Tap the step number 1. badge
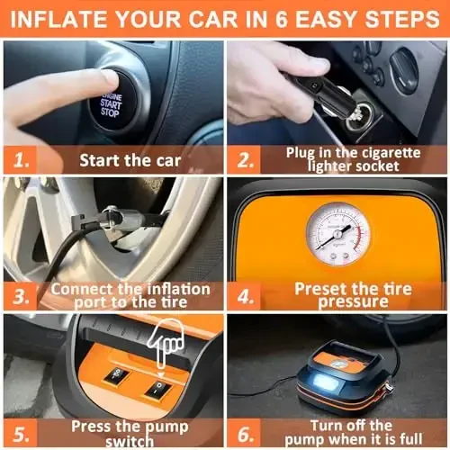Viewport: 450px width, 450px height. click(x=21, y=160)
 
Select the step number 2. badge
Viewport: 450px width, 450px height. click(x=244, y=160)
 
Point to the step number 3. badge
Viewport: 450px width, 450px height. click(x=21, y=296)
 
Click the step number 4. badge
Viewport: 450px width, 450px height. click(x=244, y=296)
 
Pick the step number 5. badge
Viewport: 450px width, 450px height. click(x=21, y=433)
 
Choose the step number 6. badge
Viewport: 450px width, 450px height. click(x=244, y=433)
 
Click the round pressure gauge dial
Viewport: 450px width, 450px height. click(x=338, y=234)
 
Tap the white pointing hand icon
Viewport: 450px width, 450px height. click(x=166, y=345)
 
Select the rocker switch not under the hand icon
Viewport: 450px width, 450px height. click(x=117, y=375)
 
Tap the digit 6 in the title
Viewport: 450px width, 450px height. click(x=282, y=20)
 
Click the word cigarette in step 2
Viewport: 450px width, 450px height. click(x=391, y=153)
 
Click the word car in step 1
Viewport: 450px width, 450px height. click(x=168, y=160)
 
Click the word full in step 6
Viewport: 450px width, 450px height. click(x=411, y=439)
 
